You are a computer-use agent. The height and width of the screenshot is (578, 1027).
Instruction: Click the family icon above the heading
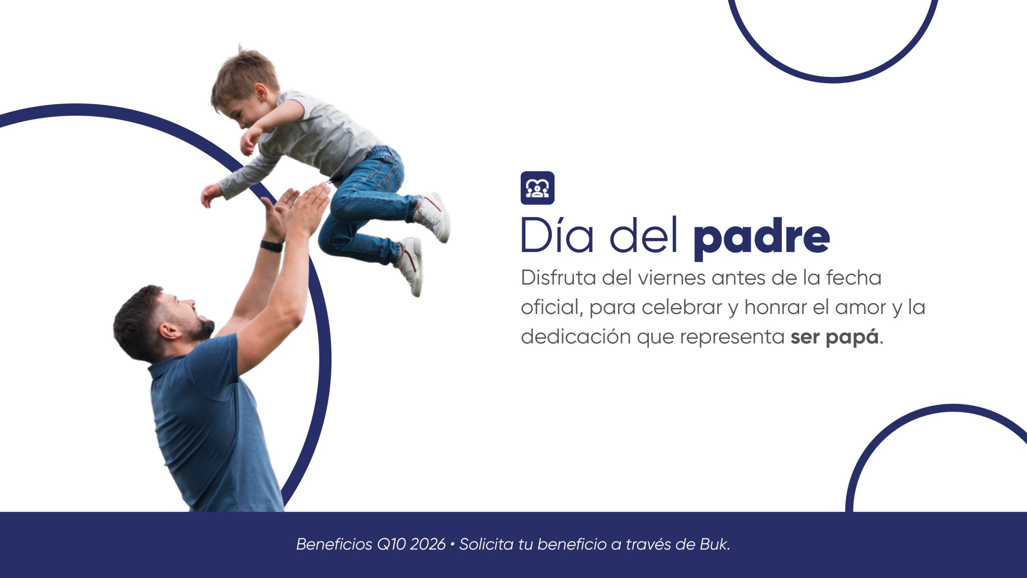coord(537,188)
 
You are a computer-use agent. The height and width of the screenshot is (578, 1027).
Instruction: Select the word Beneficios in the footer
coord(334,544)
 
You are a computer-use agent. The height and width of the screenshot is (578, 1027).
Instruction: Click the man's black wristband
coord(271,246)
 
